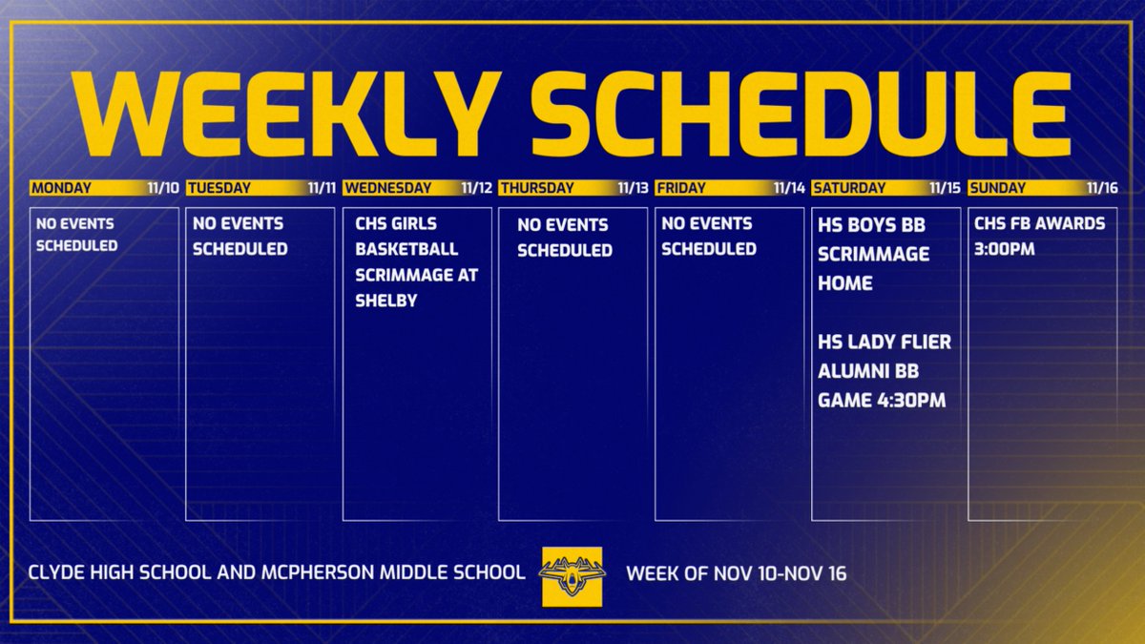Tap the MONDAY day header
[x=61, y=188]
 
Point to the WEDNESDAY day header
[x=386, y=188]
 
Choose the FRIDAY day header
[x=680, y=188]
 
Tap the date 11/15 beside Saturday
[x=944, y=188]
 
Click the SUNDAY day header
[x=997, y=188]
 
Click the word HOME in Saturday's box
[x=844, y=283]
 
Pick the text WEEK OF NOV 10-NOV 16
[x=736, y=575]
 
